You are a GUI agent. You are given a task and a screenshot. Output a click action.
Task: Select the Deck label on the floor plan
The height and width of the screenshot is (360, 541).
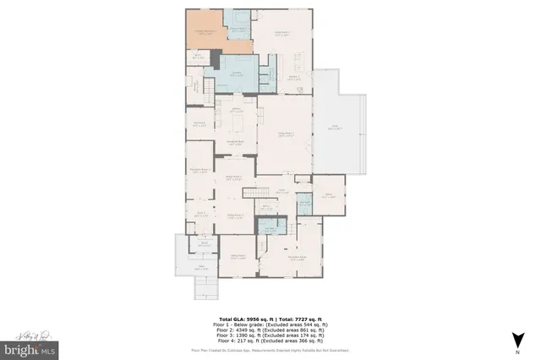(335, 127)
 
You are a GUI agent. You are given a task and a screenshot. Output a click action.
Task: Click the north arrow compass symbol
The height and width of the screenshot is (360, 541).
(515, 341)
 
